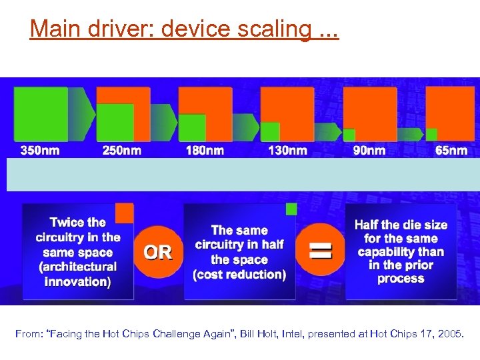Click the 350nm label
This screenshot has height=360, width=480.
[40, 151]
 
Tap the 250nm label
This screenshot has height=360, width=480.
[122, 151]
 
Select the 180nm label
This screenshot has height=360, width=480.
[205, 151]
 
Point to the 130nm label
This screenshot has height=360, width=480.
[287, 151]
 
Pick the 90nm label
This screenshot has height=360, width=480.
[369, 151]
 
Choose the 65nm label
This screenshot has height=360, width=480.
[451, 151]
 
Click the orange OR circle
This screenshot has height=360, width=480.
[158, 252]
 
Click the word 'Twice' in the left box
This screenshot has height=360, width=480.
[67, 223]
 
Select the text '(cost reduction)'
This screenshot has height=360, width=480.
[239, 275]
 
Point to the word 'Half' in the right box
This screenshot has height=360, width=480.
[367, 225]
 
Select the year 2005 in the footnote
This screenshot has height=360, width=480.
[451, 333]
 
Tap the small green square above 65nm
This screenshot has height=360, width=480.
[431, 134]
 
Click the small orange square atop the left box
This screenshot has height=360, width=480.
[124, 213]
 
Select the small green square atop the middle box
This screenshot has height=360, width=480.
[291, 209]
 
